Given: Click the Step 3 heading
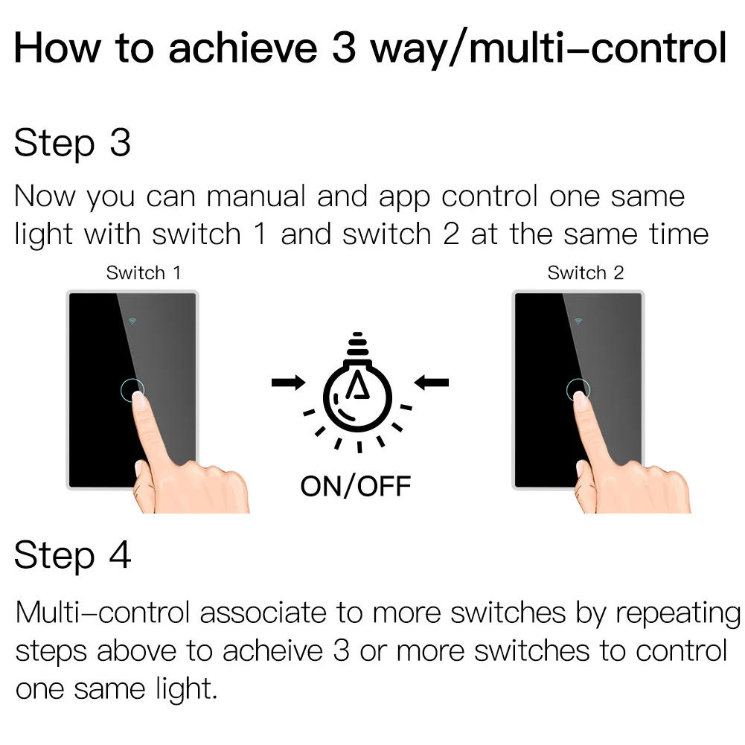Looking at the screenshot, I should point(72,142).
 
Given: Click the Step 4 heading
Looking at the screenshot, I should point(72,554).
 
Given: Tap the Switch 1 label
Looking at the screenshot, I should point(143,273).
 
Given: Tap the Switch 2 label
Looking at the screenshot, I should point(585,273).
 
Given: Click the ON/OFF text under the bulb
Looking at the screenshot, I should point(355,487).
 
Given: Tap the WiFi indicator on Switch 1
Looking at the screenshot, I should point(132,321).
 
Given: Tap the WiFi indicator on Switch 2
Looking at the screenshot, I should point(578,321).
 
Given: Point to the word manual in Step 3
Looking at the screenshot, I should point(256,196).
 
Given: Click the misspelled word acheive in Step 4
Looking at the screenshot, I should point(272,650).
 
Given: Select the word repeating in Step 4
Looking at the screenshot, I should point(677,614).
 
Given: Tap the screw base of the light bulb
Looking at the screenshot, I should point(358,345).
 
